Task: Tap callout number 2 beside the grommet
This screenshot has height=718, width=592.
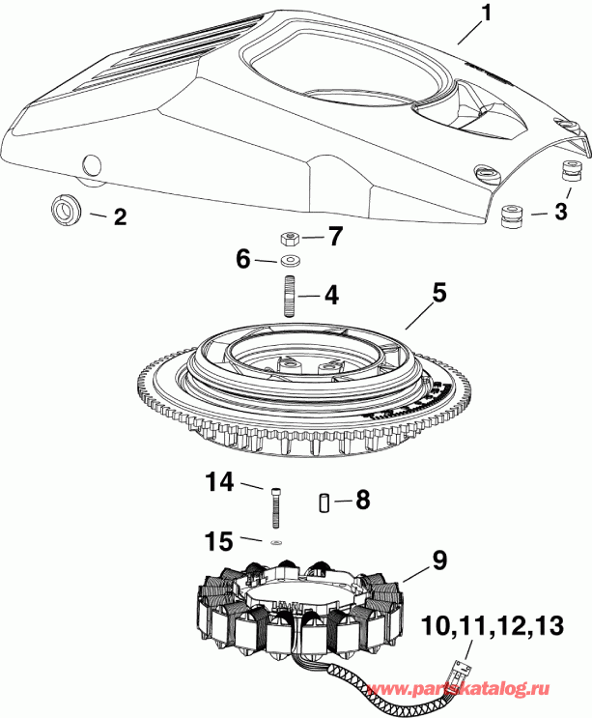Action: tap(119, 216)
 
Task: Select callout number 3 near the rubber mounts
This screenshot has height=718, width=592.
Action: tap(559, 210)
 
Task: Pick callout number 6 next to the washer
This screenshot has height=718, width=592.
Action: tap(243, 258)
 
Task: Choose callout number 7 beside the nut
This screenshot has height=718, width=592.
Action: tap(333, 235)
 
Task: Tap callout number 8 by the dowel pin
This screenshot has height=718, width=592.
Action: tap(362, 500)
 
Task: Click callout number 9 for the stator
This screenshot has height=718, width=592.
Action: tap(439, 559)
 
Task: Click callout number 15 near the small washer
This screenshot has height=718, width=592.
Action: tap(219, 537)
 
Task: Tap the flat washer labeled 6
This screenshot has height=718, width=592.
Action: tap(289, 261)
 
